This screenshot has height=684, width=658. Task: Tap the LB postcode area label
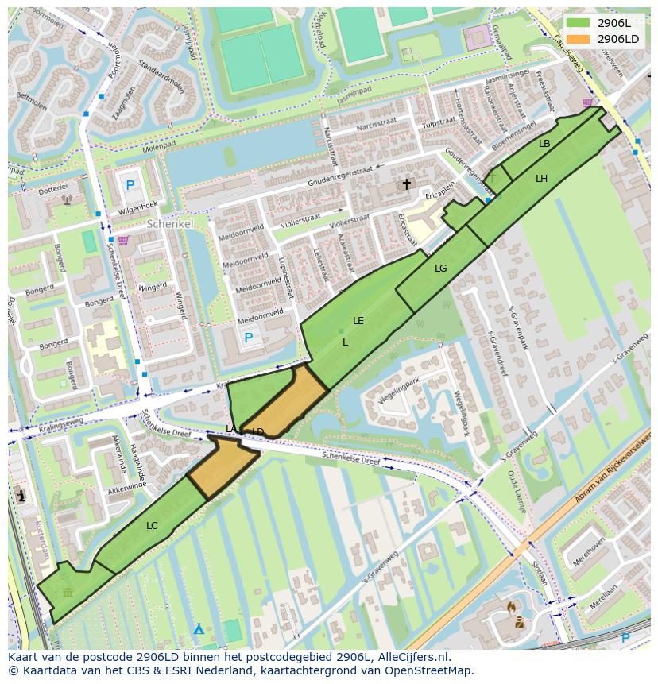click(544, 144)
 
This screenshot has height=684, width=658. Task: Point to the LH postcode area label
click(541, 179)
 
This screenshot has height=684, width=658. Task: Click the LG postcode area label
click(441, 269)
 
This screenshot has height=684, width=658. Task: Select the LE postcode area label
click(358, 321)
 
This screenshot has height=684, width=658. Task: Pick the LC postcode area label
click(152, 526)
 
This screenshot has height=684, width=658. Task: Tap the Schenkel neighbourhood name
click(170, 225)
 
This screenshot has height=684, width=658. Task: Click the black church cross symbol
click(407, 184)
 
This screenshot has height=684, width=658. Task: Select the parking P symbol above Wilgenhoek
click(130, 185)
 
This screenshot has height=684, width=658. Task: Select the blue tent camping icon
click(199, 629)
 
